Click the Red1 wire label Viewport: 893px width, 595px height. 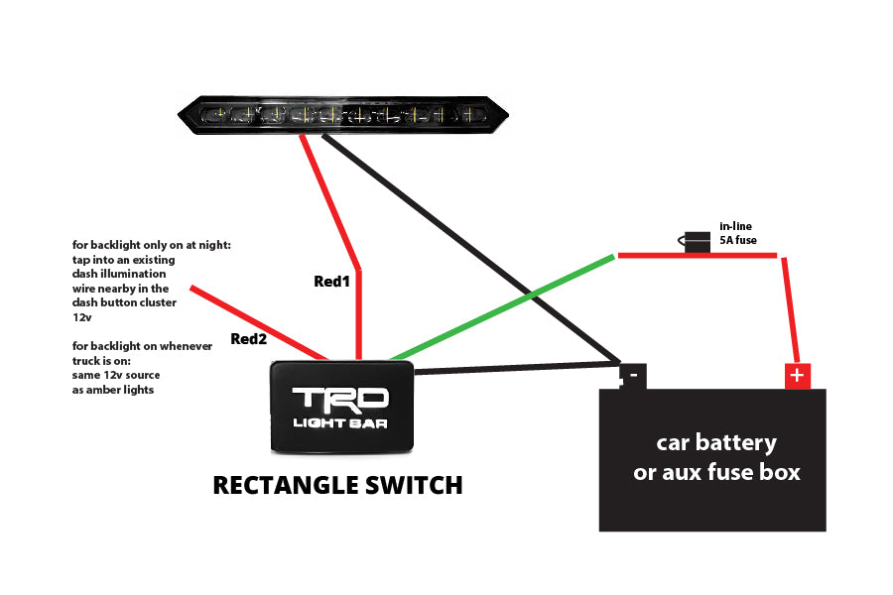(332, 281)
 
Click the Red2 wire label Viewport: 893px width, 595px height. (249, 338)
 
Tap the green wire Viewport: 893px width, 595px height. (502, 307)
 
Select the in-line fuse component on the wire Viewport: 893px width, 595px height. (697, 242)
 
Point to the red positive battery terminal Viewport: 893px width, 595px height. (797, 376)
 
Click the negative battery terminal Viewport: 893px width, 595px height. (631, 376)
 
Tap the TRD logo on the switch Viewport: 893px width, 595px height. (340, 399)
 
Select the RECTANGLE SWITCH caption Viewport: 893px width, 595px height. (337, 485)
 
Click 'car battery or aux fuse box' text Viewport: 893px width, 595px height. (716, 456)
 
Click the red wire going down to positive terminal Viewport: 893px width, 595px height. (790, 311)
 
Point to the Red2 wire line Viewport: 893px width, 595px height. (258, 323)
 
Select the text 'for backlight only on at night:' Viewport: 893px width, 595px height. (151, 244)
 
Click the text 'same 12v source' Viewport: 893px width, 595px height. (116, 376)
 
